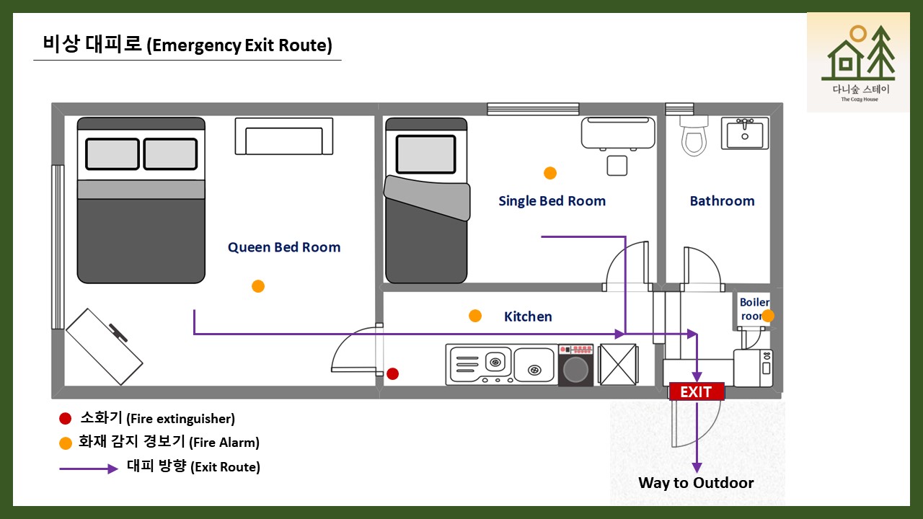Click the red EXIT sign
[696, 391]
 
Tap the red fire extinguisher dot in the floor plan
[392, 373]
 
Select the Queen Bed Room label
[284, 247]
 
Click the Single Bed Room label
[552, 201]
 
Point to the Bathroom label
[722, 201]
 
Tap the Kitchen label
[528, 316]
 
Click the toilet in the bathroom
[694, 138]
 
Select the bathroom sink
[746, 134]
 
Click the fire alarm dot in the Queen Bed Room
[258, 286]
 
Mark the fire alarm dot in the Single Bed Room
[550, 173]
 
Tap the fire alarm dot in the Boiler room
[768, 316]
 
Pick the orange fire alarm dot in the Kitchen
[475, 316]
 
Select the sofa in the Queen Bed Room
[283, 137]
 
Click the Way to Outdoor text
[696, 483]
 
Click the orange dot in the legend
[66, 443]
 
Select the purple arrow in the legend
[88, 469]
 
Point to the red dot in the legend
[66, 419]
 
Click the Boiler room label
[754, 309]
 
